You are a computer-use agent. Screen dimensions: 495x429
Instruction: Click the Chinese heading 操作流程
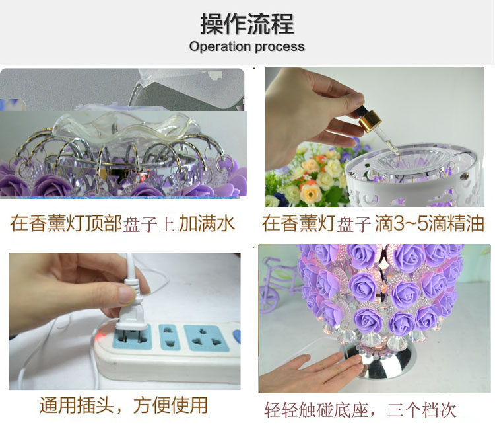(247, 24)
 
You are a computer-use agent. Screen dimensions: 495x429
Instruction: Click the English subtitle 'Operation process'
(247, 46)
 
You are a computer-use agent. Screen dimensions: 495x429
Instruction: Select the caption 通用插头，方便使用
(123, 405)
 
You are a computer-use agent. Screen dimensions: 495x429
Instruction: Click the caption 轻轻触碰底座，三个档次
(360, 410)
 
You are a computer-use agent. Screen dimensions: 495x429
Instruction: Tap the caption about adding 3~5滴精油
(373, 223)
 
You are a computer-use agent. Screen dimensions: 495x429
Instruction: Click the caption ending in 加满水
(123, 223)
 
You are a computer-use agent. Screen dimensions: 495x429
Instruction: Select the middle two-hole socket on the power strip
(170, 337)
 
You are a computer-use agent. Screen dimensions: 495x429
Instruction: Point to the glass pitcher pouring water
(186, 89)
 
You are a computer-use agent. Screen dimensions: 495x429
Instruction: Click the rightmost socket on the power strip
(207, 338)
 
